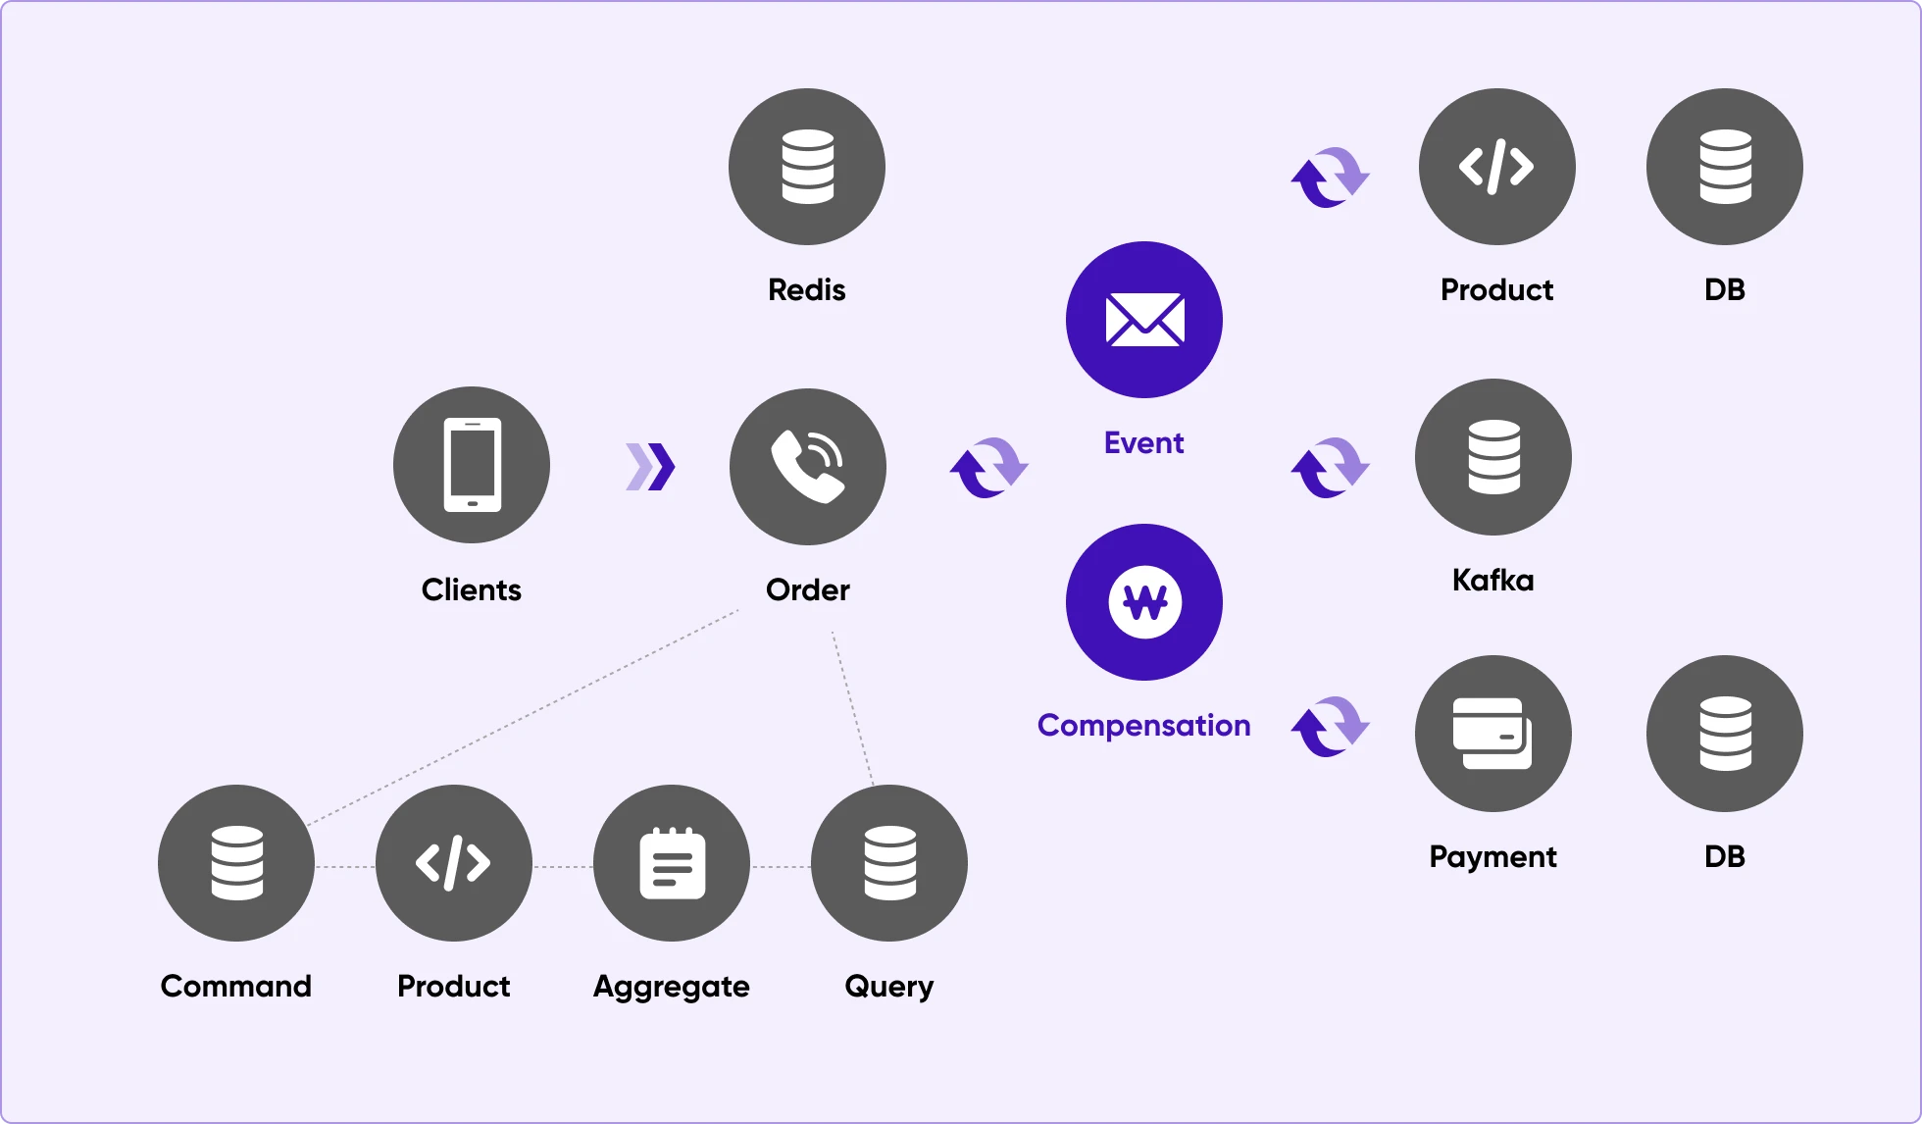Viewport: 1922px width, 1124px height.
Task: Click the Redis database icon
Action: tap(807, 167)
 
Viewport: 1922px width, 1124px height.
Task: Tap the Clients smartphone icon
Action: tap(472, 465)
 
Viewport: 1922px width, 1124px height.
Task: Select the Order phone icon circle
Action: tap(808, 467)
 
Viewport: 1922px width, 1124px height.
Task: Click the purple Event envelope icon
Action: tap(1144, 320)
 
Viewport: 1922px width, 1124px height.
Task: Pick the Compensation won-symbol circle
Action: tap(1144, 602)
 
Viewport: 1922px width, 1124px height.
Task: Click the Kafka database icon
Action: tap(1493, 457)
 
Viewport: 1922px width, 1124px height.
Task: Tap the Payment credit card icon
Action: tap(1493, 734)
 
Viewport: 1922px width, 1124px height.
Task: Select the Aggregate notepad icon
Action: tap(672, 863)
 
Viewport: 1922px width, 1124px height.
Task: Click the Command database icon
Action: tap(236, 863)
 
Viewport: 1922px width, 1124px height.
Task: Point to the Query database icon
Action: tap(889, 863)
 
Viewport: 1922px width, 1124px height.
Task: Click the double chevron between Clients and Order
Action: tap(651, 467)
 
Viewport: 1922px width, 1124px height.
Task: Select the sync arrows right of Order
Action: tap(988, 467)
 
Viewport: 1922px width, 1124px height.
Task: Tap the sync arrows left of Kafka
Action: tap(1330, 467)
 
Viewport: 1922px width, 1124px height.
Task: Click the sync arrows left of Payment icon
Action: tap(1330, 726)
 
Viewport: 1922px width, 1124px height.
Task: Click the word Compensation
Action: tap(1144, 726)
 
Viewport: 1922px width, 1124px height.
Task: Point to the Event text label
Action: tap(1144, 443)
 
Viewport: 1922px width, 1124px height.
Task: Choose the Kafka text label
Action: tap(1493, 580)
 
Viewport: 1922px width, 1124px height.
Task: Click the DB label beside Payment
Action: tap(1725, 856)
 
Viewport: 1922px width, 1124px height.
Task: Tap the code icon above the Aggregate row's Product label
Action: tap(454, 863)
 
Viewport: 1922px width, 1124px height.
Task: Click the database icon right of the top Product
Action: tap(1725, 167)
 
